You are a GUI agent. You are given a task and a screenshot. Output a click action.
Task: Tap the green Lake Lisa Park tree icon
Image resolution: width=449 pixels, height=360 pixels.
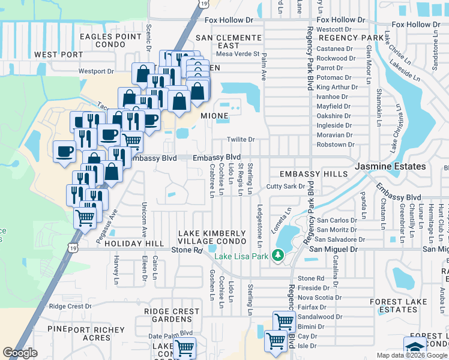(x=277, y=256)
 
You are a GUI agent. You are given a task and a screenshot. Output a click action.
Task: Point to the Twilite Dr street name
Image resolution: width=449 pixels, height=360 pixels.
(x=241, y=140)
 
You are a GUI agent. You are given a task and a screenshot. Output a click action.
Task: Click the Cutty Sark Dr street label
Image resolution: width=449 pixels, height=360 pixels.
(x=286, y=187)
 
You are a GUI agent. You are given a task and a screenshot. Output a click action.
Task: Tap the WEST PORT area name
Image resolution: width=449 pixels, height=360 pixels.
(x=59, y=55)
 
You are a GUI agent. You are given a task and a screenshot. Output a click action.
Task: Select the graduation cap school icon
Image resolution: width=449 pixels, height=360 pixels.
(x=415, y=347)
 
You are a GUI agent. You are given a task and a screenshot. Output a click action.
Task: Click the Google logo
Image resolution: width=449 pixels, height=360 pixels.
(x=20, y=353)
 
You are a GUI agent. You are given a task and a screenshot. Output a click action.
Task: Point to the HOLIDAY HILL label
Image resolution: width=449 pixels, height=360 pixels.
(x=134, y=244)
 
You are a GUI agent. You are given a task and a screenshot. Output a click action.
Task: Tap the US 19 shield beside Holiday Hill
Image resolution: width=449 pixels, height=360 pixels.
(x=73, y=247)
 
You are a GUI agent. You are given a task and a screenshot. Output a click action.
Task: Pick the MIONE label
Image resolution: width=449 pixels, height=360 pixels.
(x=214, y=115)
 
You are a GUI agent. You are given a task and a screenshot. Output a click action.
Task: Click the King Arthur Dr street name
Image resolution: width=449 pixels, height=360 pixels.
(x=337, y=87)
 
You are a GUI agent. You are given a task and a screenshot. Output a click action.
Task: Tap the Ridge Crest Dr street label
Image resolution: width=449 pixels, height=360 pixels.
(x=70, y=306)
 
